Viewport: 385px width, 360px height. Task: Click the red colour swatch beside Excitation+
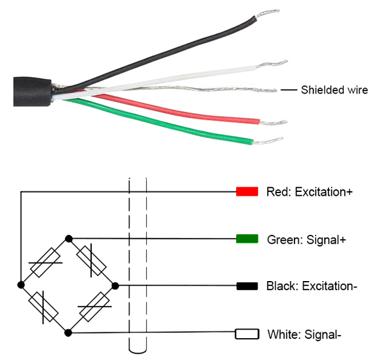247,191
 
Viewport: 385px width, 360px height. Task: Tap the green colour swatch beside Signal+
247,239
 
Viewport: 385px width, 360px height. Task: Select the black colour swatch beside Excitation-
247,286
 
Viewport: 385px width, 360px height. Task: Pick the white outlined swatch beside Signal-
247,334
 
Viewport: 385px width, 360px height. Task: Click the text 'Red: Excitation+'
309,192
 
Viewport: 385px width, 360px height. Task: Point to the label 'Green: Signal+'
307,240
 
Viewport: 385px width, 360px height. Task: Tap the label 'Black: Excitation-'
311,286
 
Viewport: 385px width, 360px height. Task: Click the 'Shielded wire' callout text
334,90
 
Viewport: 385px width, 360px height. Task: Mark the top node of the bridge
69,238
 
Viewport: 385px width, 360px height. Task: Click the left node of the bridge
21,285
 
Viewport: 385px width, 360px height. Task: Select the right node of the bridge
116,285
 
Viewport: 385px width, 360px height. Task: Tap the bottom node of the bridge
69,332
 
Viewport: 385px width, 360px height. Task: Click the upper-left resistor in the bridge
45,262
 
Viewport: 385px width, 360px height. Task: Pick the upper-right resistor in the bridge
92,261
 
